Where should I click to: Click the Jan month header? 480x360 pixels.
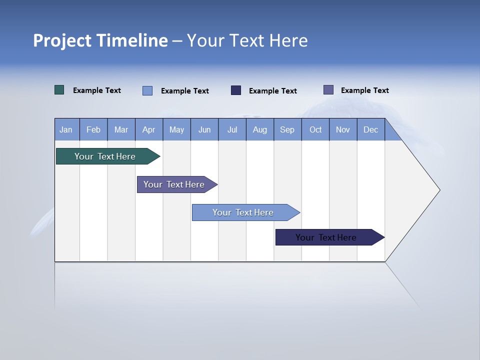point(66,129)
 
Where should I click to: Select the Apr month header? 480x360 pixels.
point(148,129)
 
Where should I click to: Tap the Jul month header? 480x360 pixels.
point(232,129)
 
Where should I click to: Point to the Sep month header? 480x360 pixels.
point(287,129)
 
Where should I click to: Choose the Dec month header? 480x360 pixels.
point(370,129)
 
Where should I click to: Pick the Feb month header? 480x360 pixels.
point(93,129)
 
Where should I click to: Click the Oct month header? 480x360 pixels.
point(315,129)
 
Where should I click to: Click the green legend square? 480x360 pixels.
point(59,90)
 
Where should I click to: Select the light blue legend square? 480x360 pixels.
point(147,90)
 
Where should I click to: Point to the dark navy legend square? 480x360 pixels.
point(236,90)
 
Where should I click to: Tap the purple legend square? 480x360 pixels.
point(328,90)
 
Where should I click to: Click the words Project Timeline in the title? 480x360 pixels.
point(100,40)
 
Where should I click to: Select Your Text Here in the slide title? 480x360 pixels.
point(247,40)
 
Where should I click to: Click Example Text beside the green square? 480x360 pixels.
point(97,90)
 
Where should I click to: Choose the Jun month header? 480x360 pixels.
point(204,129)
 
